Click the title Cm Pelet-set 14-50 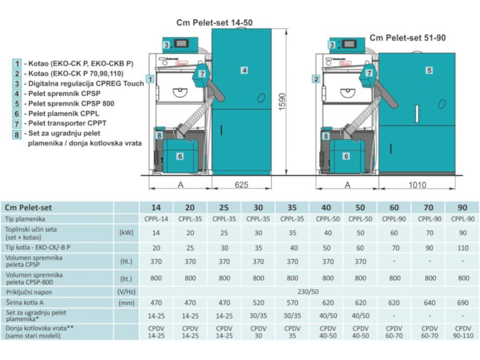coord(214,23)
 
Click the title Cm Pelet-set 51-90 coord(407,38)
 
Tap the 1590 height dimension coord(282,101)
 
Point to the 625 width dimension coord(241,185)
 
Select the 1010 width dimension coord(417,185)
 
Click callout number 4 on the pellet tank coord(244,70)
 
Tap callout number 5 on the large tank coord(429,70)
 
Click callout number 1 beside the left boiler coord(150,79)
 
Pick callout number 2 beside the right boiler coord(316,79)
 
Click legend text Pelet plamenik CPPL coord(64,113)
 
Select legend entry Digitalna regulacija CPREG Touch coord(86,83)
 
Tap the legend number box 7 coord(17,124)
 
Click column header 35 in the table coord(292,208)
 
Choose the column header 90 coord(462,208)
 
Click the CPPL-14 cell coord(156,219)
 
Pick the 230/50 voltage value coord(308,292)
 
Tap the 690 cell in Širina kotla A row coord(463,303)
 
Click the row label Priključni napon coord(29,292)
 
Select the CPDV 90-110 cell coord(463,332)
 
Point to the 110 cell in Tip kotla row coord(463,248)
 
